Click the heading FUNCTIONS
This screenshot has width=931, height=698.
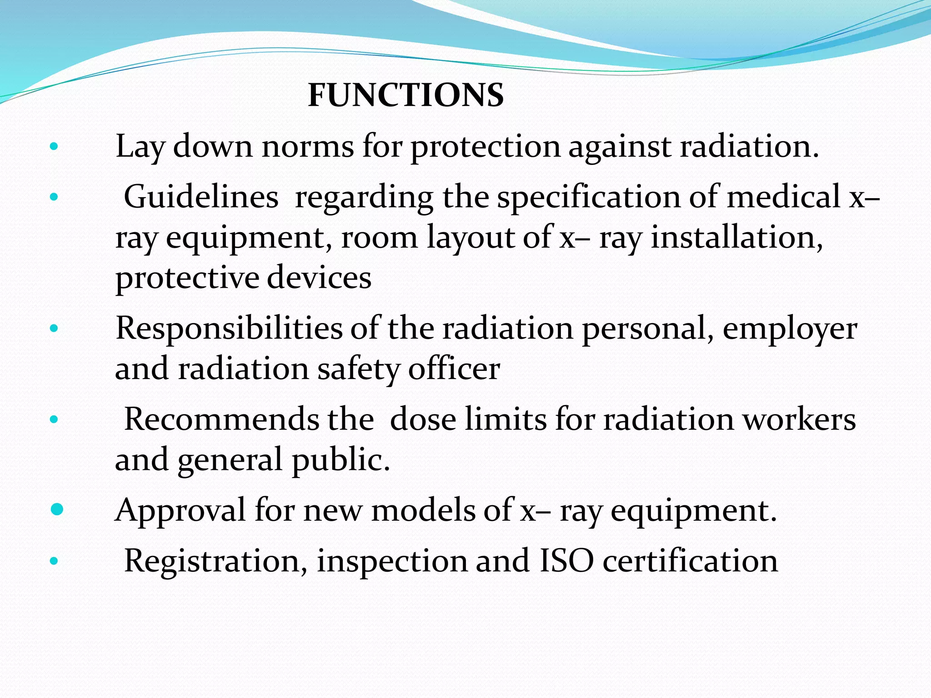[x=405, y=95]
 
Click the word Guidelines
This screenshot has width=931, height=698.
[x=201, y=197]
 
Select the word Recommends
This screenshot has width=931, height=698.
[x=221, y=419]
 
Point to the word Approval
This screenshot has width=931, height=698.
[x=180, y=510]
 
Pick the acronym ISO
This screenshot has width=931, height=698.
[x=566, y=560]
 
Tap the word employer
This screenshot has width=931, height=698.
[x=790, y=329]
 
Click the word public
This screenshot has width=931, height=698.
[x=340, y=460]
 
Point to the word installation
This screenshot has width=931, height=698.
[x=736, y=237]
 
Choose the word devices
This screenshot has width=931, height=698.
[x=319, y=278]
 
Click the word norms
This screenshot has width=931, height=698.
[x=307, y=147]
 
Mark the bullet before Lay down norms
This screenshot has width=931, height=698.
[x=54, y=147]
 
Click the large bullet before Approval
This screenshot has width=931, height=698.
[x=57, y=509]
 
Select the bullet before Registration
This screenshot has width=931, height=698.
[x=54, y=561]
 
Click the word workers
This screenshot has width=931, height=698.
[x=799, y=419]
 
